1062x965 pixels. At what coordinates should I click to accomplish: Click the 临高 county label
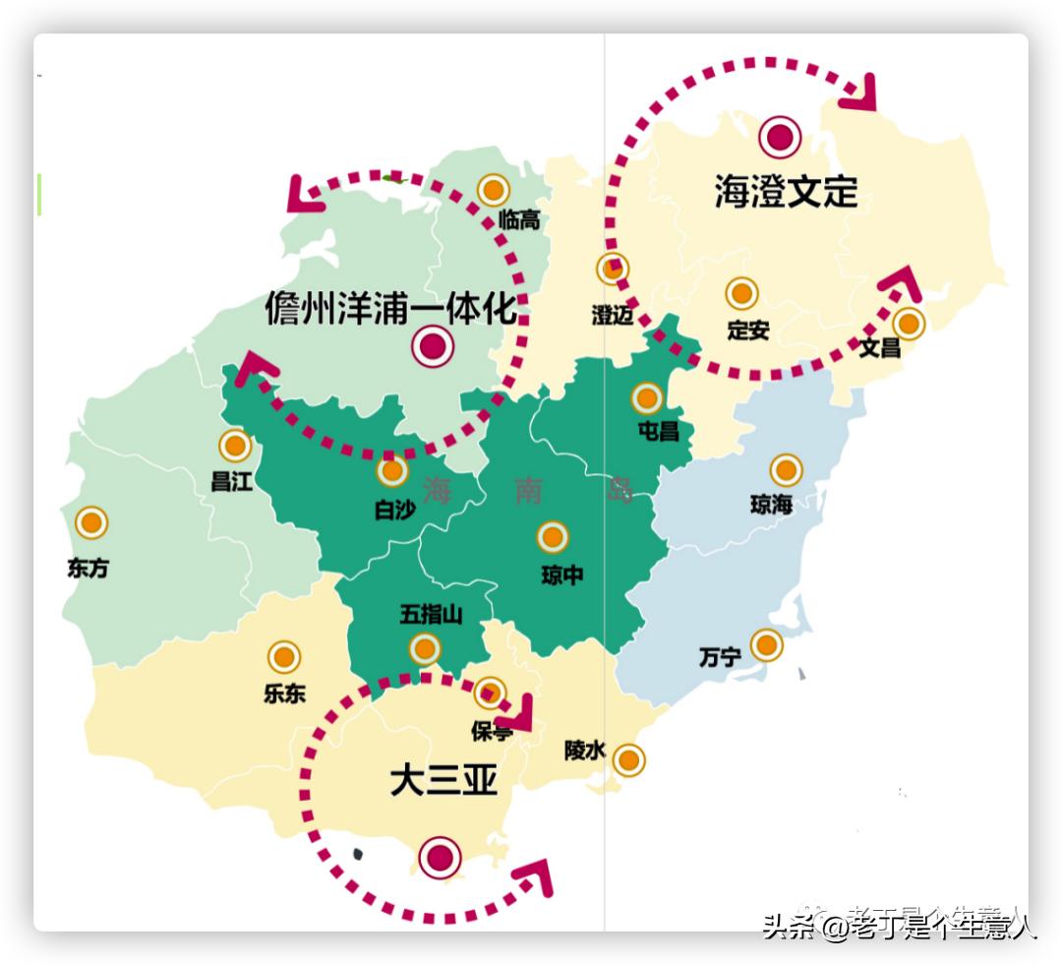[x=518, y=219]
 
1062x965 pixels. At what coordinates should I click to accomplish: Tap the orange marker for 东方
[x=91, y=523]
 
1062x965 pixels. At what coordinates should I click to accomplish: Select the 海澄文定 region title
[x=786, y=192]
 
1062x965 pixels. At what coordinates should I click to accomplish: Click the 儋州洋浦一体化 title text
[x=390, y=309]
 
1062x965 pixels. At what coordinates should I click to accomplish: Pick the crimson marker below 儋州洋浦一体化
[x=433, y=347]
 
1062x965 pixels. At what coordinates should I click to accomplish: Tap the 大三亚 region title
[x=442, y=781]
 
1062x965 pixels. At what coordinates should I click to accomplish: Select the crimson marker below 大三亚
[x=440, y=857]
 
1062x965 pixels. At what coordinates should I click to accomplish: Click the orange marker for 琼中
[x=553, y=537]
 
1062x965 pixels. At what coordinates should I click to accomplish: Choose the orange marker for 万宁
[x=766, y=645]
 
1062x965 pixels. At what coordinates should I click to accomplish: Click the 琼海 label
[x=771, y=505]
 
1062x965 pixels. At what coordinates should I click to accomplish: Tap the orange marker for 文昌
[x=909, y=323]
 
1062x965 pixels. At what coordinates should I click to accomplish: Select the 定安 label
[x=747, y=331]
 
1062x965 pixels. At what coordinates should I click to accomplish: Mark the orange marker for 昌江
[x=234, y=447]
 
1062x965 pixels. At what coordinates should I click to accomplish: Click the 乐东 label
[x=284, y=693]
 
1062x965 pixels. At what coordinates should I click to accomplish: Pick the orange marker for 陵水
[x=628, y=760]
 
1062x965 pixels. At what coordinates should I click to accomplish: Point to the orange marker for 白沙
[x=392, y=472]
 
